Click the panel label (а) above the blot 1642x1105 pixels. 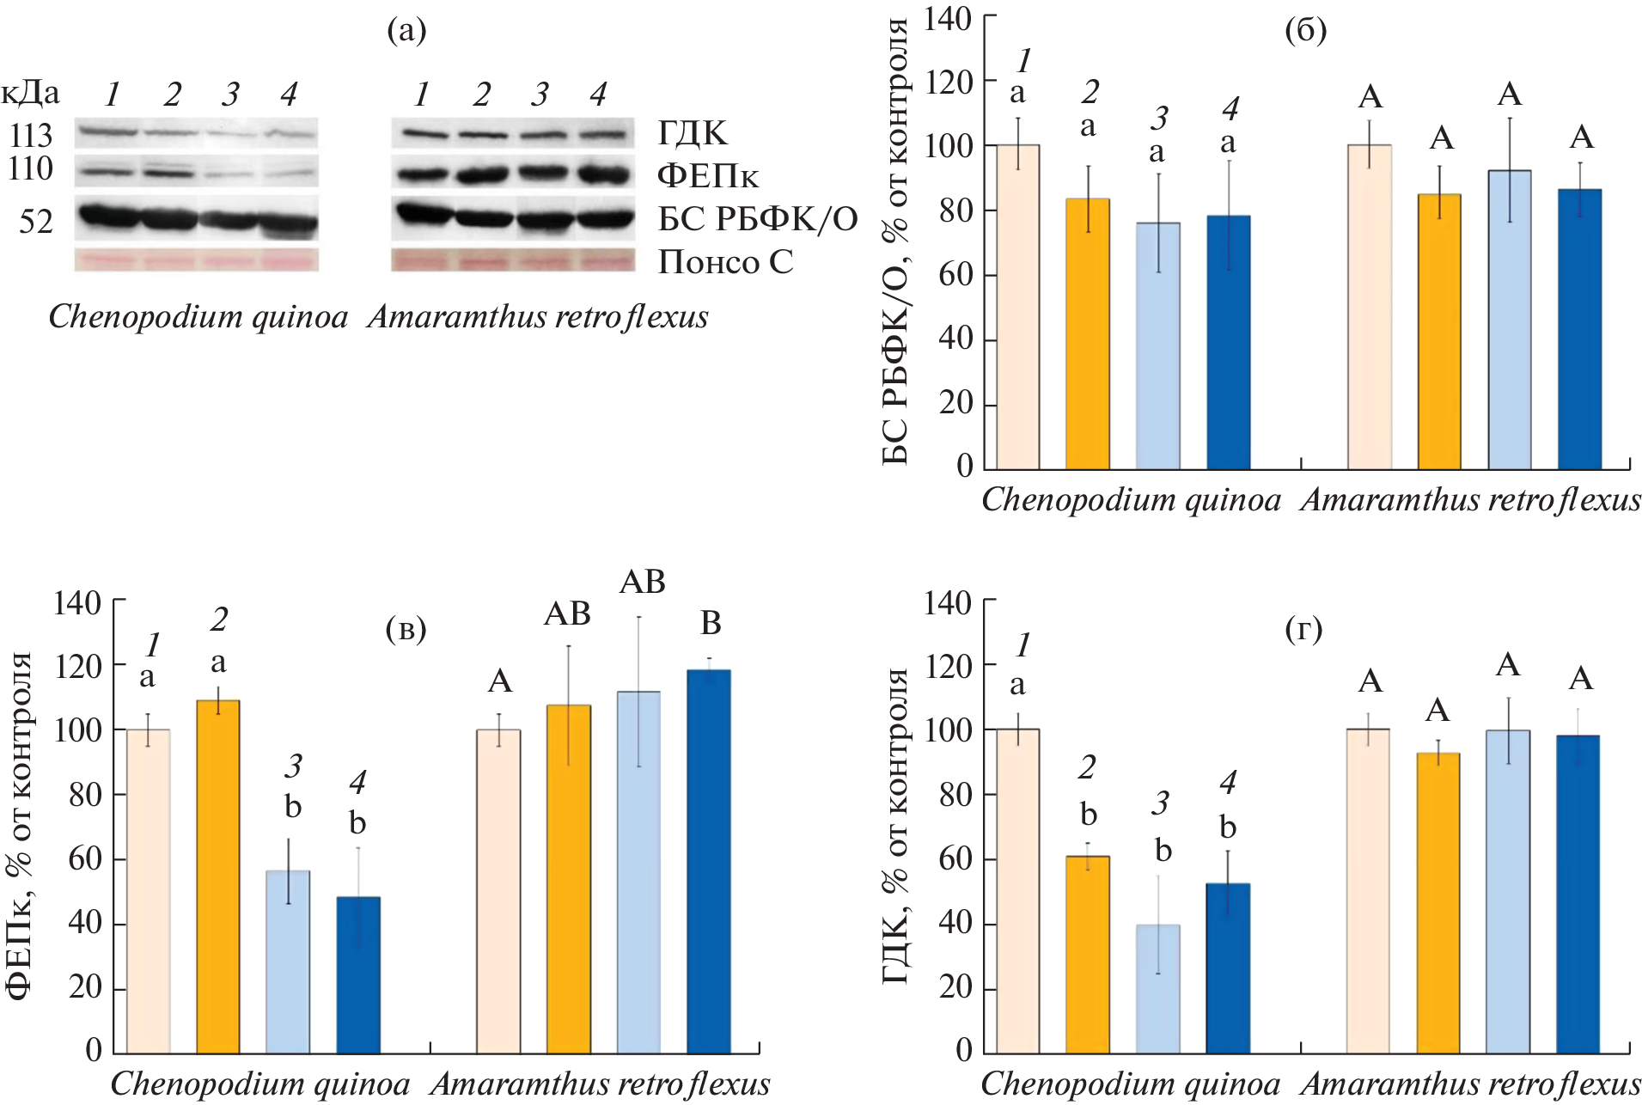406,31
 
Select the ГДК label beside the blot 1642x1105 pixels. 693,133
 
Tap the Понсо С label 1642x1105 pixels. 725,262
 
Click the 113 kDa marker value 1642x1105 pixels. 31,136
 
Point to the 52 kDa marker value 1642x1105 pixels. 36,222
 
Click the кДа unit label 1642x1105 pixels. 31,93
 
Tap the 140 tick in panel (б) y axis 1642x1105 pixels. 948,18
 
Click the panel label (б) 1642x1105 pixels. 1305,31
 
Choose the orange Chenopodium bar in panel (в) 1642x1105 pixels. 218,876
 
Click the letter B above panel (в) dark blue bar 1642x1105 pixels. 711,623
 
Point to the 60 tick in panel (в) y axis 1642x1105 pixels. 85,858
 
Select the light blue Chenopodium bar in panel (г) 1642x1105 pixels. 1157,988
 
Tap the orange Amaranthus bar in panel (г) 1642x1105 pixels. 1438,902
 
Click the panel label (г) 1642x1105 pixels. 1303,630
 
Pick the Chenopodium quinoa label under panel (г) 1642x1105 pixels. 1131,1084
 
